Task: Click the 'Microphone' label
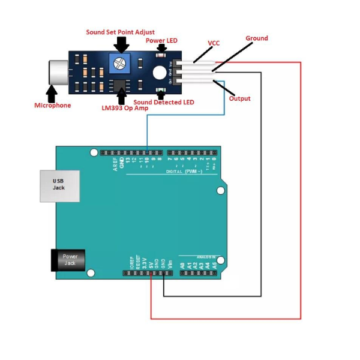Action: pyautogui.click(x=52, y=106)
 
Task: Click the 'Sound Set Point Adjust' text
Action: pyautogui.click(x=120, y=32)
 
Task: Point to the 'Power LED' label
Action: pyautogui.click(x=162, y=40)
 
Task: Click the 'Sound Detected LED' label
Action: pyautogui.click(x=164, y=102)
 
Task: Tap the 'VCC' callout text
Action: pyautogui.click(x=214, y=43)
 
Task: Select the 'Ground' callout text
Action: pyautogui.click(x=257, y=38)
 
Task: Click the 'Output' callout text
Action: pyautogui.click(x=240, y=98)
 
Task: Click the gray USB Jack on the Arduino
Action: pyautogui.click(x=58, y=184)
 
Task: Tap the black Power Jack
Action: pyautogui.click(x=70, y=260)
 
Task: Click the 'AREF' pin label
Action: pyautogui.click(x=115, y=164)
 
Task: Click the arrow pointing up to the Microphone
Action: pyautogui.click(x=52, y=93)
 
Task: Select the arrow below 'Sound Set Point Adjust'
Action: pyautogui.click(x=122, y=44)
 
